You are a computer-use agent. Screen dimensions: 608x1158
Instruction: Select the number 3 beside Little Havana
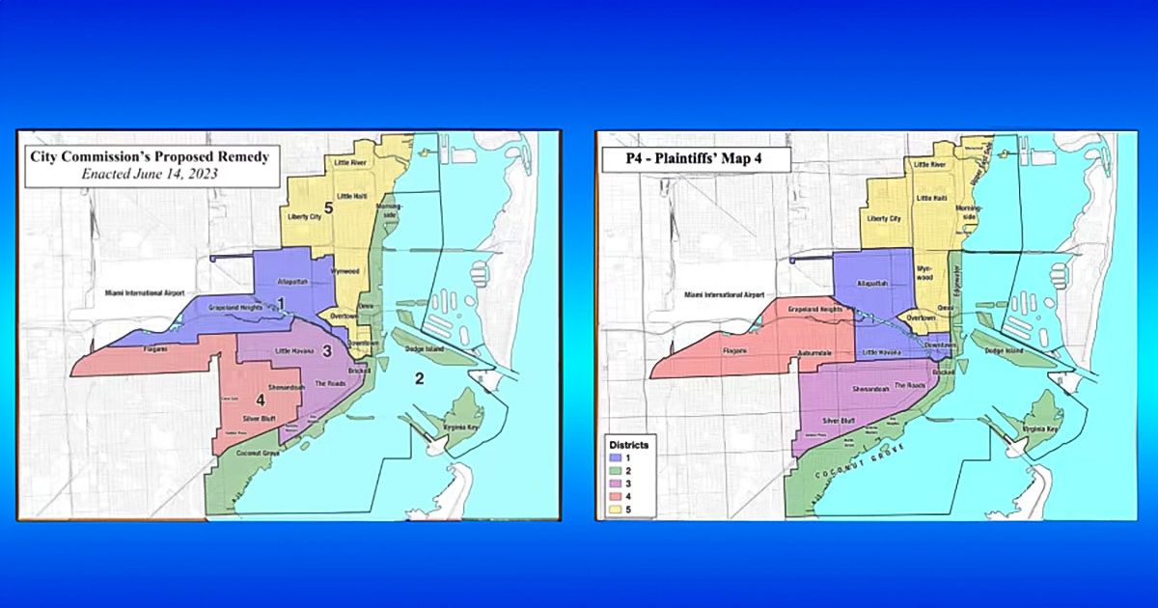327,350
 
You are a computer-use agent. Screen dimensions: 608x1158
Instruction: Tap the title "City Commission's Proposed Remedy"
149,156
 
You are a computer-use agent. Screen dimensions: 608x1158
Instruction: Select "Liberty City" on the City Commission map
304,217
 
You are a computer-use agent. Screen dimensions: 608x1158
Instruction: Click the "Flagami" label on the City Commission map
154,348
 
